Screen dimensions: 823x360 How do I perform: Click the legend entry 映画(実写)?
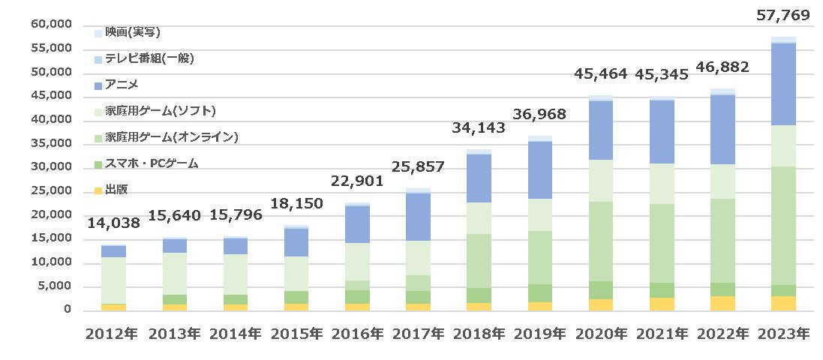(128, 32)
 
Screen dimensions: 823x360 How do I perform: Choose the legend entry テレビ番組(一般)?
(145, 58)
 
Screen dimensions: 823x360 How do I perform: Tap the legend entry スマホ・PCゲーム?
(147, 163)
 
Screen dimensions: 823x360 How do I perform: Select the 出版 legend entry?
(112, 190)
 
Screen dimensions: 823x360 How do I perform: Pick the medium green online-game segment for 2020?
(600, 241)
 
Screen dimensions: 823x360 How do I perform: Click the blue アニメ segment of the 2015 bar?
(296, 242)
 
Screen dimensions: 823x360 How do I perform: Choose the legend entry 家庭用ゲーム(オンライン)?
(167, 137)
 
